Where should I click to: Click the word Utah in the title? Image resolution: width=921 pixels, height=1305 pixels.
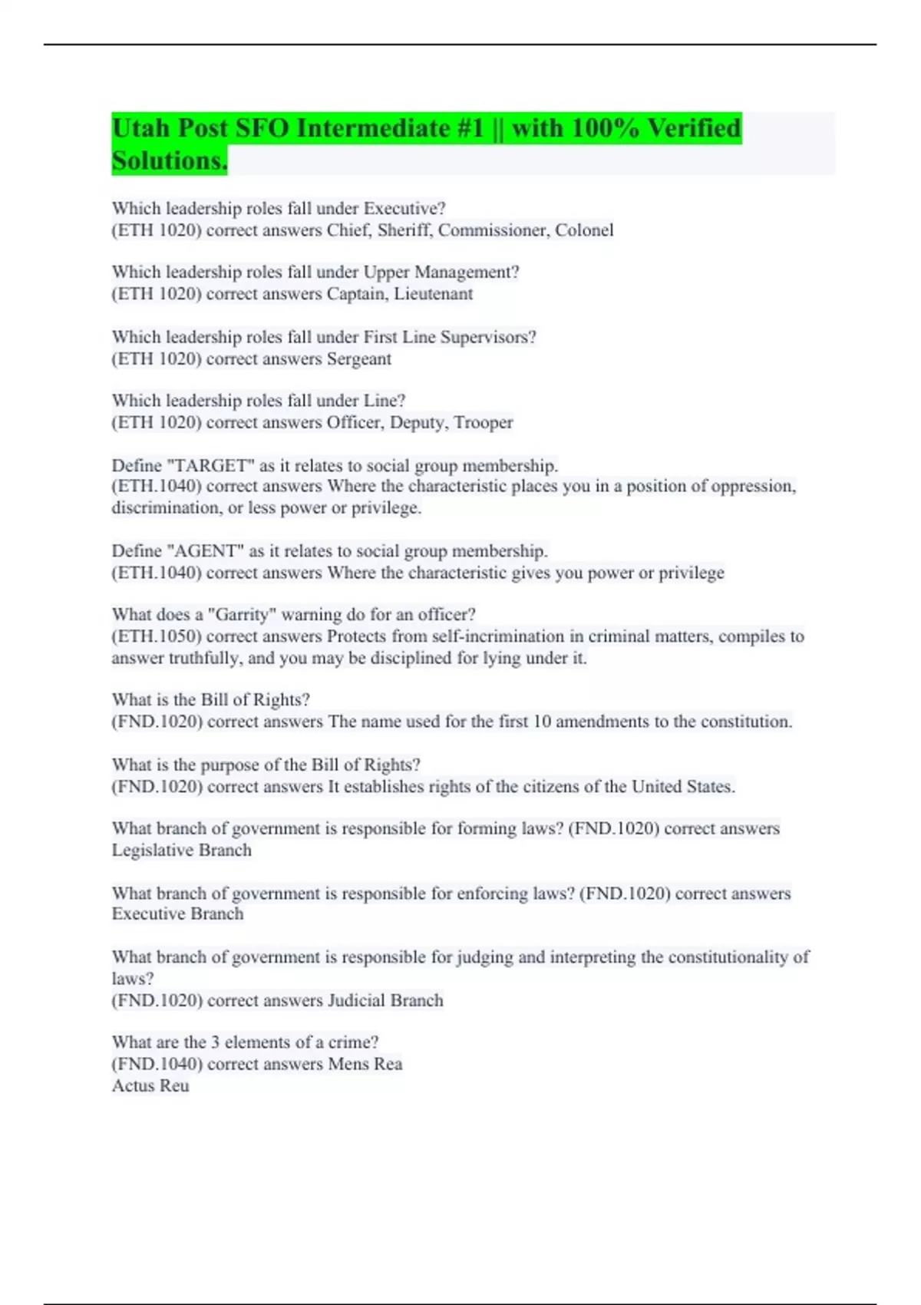point(141,128)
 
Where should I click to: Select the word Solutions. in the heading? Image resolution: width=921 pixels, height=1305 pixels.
point(170,161)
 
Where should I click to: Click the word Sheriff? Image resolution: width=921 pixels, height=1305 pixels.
point(404,230)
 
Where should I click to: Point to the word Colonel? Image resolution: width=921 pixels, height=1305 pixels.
point(584,230)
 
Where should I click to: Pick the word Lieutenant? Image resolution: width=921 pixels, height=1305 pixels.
point(433,294)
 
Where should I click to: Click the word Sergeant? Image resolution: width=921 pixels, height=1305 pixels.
point(358,359)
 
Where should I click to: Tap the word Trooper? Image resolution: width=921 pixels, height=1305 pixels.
point(483,422)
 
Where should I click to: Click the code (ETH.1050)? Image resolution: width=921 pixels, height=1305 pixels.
point(157,636)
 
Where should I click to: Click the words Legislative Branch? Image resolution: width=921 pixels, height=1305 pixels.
point(182,851)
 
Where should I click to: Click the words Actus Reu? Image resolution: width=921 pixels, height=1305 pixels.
point(150,1085)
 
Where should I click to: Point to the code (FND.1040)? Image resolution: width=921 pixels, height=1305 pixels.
point(157,1064)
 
